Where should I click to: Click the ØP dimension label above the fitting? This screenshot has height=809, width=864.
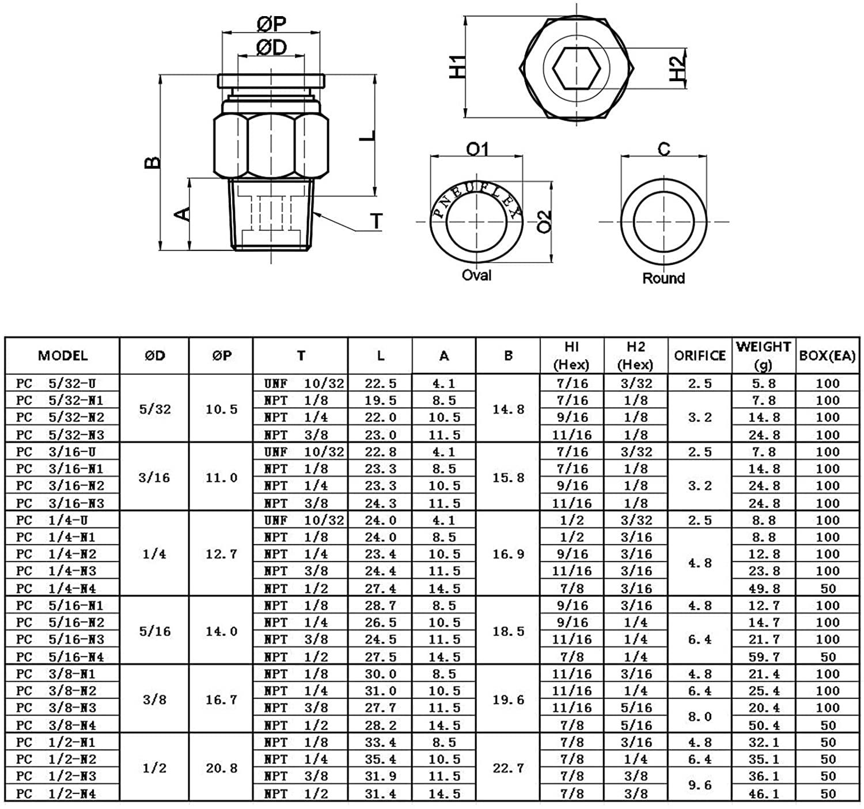tap(271, 24)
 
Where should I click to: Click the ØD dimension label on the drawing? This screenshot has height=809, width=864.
tap(271, 47)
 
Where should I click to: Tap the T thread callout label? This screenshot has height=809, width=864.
tap(377, 221)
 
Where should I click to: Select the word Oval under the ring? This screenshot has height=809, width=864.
tap(476, 275)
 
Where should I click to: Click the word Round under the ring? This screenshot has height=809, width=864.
tap(664, 278)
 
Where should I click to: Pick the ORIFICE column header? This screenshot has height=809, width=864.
tap(700, 356)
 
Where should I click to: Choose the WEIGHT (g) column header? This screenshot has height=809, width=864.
tap(763, 355)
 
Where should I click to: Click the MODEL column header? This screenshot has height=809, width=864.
tap(63, 355)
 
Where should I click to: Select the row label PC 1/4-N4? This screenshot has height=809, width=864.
tap(56, 588)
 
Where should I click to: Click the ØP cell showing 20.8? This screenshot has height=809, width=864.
tap(222, 768)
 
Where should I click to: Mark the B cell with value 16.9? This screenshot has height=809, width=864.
tap(508, 554)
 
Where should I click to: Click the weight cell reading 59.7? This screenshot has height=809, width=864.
tap(763, 657)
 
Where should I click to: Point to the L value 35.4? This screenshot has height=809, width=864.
tap(380, 759)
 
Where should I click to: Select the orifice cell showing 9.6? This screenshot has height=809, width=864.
tap(700, 785)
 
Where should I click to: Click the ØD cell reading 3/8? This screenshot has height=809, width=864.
tap(154, 700)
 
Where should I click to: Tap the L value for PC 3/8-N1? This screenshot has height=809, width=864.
tap(380, 674)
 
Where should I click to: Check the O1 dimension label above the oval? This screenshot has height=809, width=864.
tap(477, 150)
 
